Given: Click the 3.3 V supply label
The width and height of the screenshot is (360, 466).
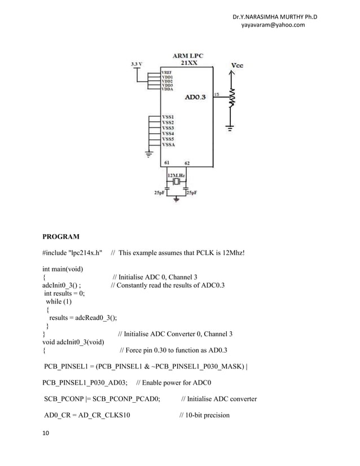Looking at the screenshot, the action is point(135,64).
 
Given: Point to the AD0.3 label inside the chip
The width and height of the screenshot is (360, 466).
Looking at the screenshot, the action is point(196,97).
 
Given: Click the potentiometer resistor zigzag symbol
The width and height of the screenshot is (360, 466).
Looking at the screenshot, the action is point(231,102).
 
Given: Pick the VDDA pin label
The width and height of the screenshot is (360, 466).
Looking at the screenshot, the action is point(167,89).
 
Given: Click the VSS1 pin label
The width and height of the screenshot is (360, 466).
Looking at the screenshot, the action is point(168,116).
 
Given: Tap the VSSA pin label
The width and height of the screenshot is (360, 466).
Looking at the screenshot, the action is point(168,144).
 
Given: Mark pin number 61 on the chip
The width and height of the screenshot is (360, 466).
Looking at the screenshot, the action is point(168,162).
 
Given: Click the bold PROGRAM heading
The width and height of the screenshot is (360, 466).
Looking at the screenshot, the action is point(62,236).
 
